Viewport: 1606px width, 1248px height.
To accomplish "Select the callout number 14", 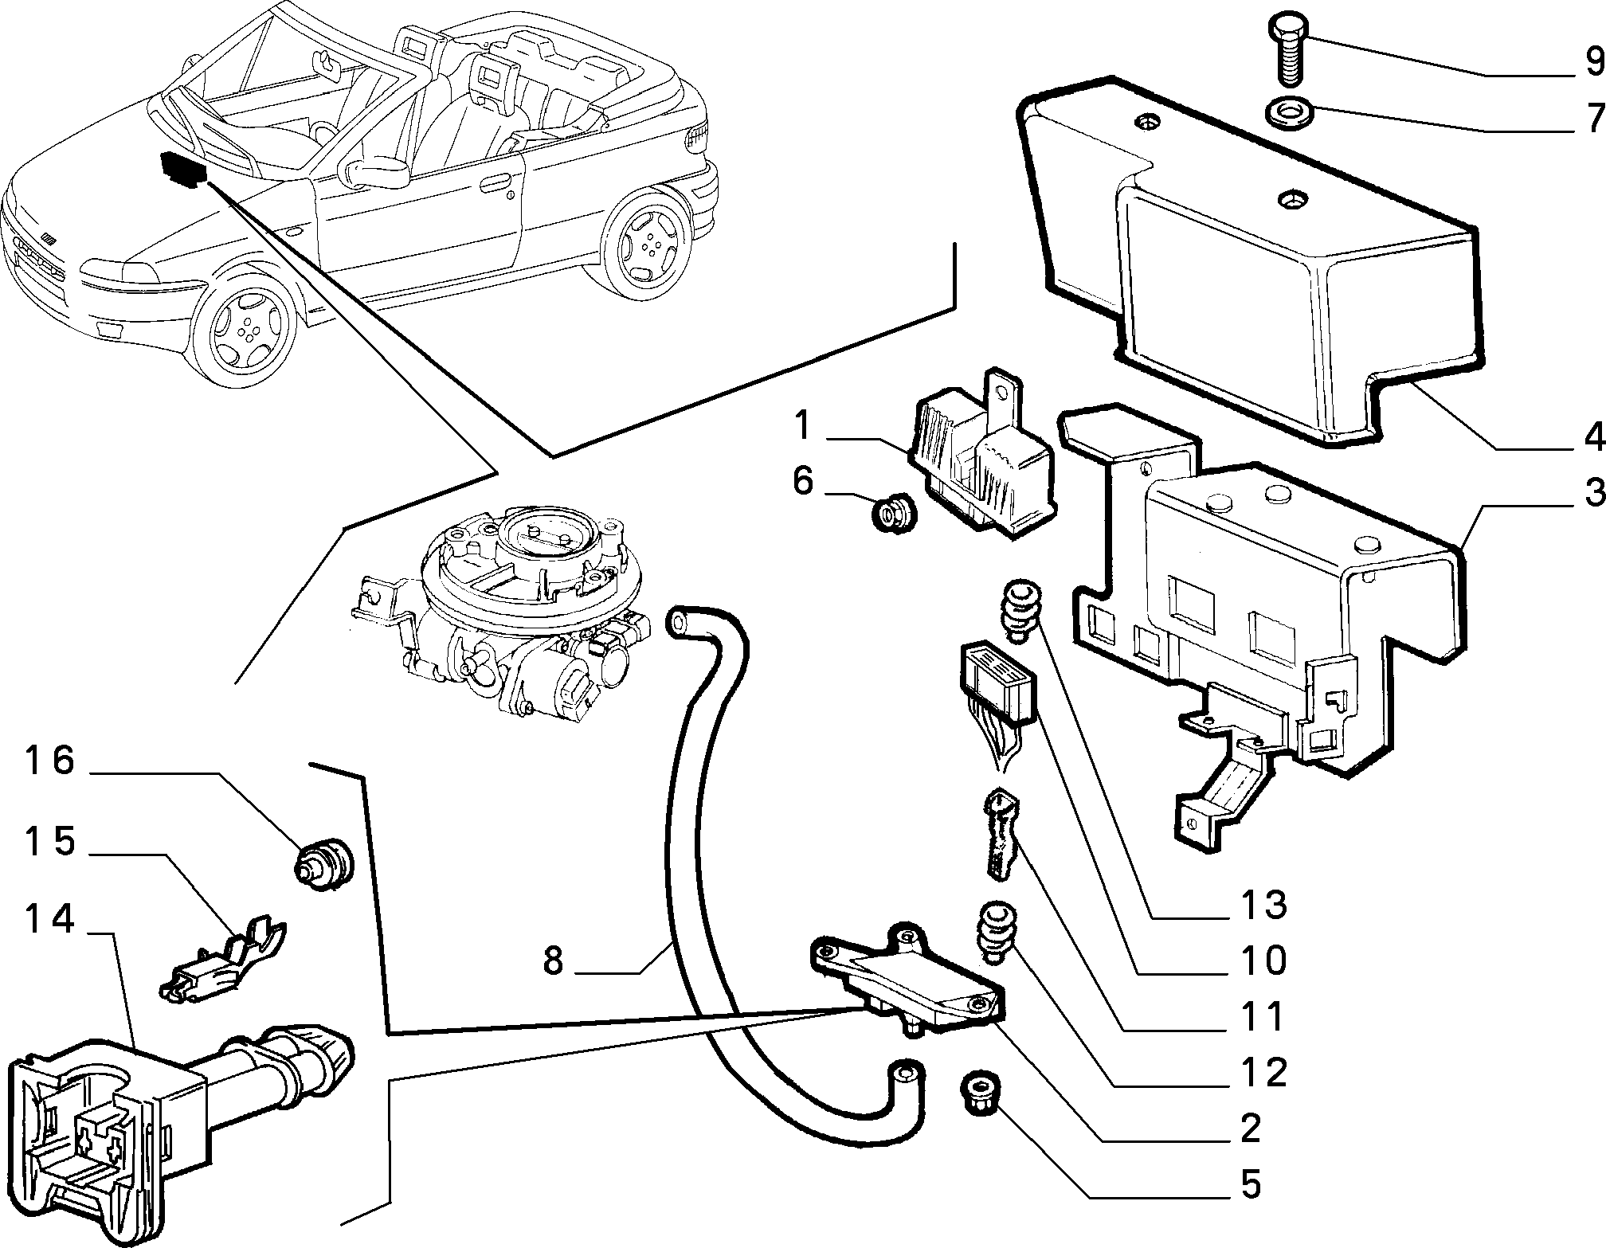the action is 50,920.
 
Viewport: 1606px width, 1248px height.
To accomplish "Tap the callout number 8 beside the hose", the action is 554,960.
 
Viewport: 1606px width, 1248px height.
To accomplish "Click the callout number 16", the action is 49,761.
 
